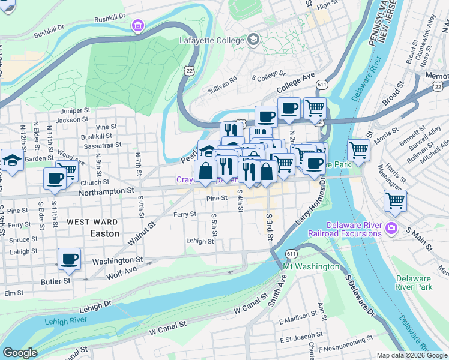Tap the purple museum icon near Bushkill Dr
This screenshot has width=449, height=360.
(139, 26)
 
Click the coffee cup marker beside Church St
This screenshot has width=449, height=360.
(55, 178)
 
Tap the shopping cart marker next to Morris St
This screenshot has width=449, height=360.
(358, 150)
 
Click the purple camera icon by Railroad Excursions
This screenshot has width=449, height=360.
(391, 227)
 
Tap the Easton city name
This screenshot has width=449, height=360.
(104, 233)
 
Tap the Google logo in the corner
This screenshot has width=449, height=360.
(19, 353)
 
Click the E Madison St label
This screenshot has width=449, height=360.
(301, 319)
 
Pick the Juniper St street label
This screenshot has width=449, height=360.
(74, 111)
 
